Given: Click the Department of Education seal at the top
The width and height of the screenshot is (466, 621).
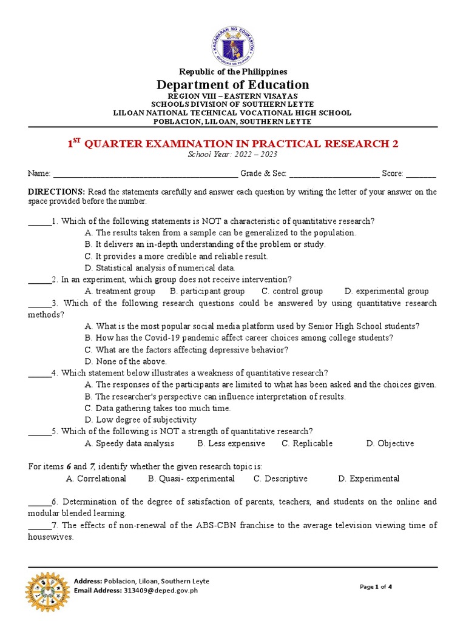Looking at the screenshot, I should [x=233, y=45].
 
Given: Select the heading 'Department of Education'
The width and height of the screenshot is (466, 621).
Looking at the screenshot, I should [x=233, y=84].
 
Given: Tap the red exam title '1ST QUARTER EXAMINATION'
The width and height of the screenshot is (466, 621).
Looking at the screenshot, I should [x=233, y=144].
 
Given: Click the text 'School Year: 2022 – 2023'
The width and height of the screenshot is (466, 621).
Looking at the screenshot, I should [x=233, y=155].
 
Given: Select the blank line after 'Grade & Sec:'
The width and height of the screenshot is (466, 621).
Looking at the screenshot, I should [x=334, y=174].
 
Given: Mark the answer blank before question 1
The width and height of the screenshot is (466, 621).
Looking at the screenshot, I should [x=39, y=221].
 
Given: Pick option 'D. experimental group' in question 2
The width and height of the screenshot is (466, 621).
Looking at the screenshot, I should [x=386, y=291].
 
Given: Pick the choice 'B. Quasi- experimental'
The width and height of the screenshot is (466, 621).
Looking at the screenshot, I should [x=191, y=478].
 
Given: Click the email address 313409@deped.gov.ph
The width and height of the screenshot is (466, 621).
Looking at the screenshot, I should [x=161, y=590].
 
